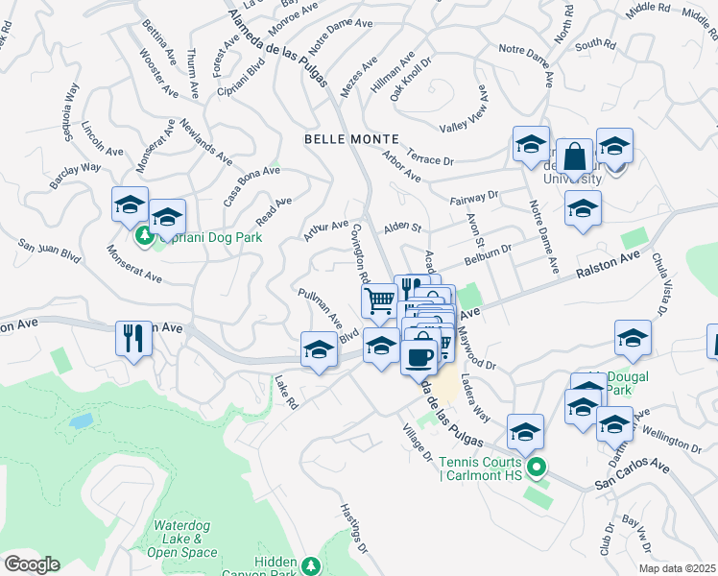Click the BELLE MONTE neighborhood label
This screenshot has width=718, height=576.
pyautogui.click(x=346, y=139)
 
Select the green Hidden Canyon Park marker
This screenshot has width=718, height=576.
pyautogui.click(x=310, y=566)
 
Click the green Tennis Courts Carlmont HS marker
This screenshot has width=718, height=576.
pyautogui.click(x=537, y=468)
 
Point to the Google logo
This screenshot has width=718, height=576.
pyautogui.click(x=32, y=564)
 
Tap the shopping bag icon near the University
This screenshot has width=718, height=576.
pyautogui.click(x=574, y=156)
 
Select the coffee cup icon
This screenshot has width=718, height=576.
pyautogui.click(x=418, y=356)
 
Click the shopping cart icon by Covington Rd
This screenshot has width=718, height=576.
pyautogui.click(x=379, y=300)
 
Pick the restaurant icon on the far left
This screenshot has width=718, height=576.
pyautogui.click(x=133, y=338)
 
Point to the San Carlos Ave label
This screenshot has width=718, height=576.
pyautogui.click(x=630, y=474)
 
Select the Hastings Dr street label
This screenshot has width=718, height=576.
pyautogui.click(x=355, y=527)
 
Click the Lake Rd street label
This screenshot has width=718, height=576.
pyautogui.click(x=286, y=391)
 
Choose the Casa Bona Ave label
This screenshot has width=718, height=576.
pyautogui.click(x=251, y=183)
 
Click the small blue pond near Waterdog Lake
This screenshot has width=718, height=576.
pyautogui.click(x=82, y=420)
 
